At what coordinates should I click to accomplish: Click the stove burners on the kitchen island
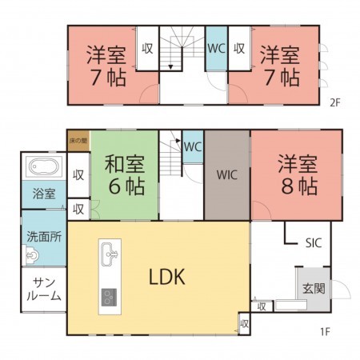[109, 298]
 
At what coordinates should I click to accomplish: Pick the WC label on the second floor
[216, 48]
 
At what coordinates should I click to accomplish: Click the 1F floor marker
[326, 330]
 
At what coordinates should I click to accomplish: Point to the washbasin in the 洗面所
[32, 257]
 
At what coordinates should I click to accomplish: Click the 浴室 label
[44, 194]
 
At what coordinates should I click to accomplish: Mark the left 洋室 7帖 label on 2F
[102, 66]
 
